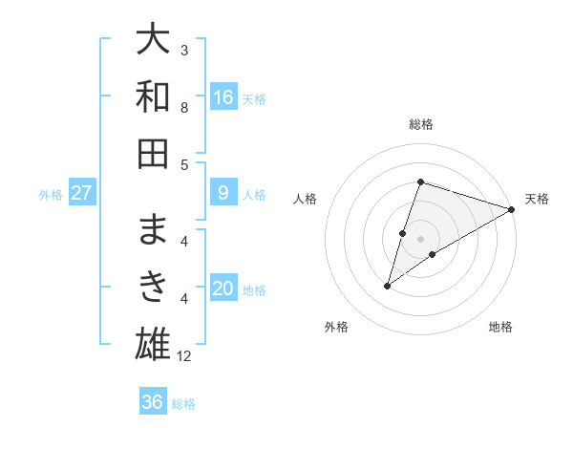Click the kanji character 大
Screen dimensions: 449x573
click(153, 41)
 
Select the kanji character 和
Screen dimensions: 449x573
click(153, 96)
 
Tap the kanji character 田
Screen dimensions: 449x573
click(153, 152)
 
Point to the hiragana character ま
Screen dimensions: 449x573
click(153, 229)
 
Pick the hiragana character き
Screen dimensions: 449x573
click(153, 285)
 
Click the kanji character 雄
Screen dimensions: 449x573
click(153, 341)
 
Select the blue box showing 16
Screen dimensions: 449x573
click(223, 96)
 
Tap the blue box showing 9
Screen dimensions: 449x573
click(223, 192)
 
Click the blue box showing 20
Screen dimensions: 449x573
click(223, 289)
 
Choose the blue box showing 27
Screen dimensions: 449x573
click(82, 193)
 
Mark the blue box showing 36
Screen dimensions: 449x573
click(153, 402)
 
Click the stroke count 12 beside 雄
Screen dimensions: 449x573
click(185, 357)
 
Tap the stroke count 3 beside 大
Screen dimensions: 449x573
click(185, 50)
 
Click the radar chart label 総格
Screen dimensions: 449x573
click(420, 124)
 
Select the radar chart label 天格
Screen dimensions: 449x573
click(537, 199)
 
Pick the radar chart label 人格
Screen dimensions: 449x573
click(306, 199)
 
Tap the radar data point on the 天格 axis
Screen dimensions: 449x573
click(512, 209)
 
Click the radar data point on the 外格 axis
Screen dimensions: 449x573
click(388, 286)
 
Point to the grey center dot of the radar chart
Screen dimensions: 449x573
click(420, 239)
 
